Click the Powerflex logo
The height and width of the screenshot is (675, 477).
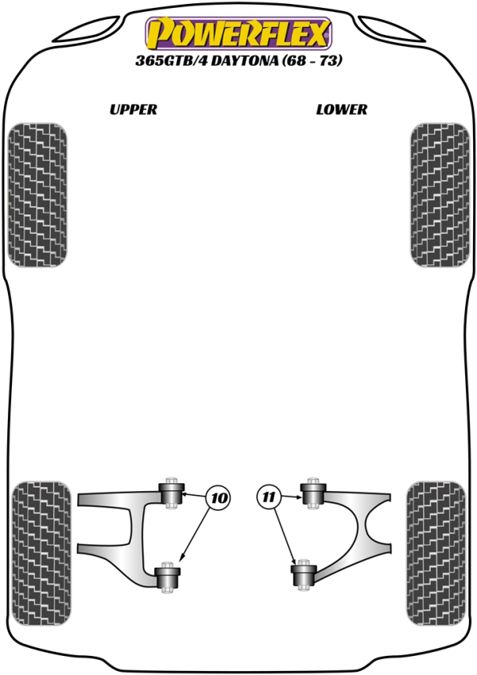(238, 33)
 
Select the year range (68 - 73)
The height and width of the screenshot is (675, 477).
(312, 60)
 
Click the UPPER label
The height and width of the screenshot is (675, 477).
(134, 109)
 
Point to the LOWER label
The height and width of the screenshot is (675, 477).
(342, 109)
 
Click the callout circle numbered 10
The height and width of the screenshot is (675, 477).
(219, 498)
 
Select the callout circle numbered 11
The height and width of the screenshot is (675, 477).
(269, 497)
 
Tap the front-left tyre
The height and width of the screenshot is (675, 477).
(37, 195)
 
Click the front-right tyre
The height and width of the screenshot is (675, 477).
(440, 195)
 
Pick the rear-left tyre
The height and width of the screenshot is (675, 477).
(41, 553)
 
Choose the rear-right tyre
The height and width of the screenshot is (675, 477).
(436, 553)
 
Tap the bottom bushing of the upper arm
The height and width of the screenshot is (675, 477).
(167, 577)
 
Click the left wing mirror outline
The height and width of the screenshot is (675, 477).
(87, 29)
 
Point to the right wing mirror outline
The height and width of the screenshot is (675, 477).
(392, 29)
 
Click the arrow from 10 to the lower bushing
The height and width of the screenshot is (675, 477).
(196, 535)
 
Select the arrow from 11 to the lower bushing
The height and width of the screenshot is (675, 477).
(284, 536)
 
